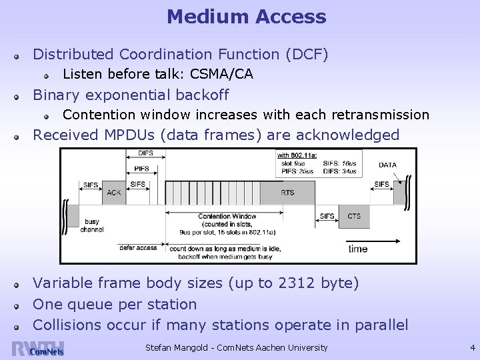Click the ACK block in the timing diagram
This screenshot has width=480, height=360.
(x=113, y=193)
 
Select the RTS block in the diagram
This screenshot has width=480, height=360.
(x=287, y=193)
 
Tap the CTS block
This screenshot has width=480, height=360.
(x=354, y=216)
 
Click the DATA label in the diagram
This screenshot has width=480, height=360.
(x=387, y=164)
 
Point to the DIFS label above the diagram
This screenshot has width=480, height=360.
(x=146, y=153)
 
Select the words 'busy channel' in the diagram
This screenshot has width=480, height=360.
(x=91, y=225)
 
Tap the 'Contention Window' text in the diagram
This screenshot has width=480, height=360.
(x=227, y=216)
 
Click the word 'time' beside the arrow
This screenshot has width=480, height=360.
(x=357, y=249)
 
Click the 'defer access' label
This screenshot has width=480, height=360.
(x=138, y=247)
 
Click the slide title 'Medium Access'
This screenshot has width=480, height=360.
(x=246, y=17)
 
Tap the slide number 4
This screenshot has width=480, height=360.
(x=472, y=347)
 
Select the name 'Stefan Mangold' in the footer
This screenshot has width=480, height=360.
(x=178, y=347)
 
